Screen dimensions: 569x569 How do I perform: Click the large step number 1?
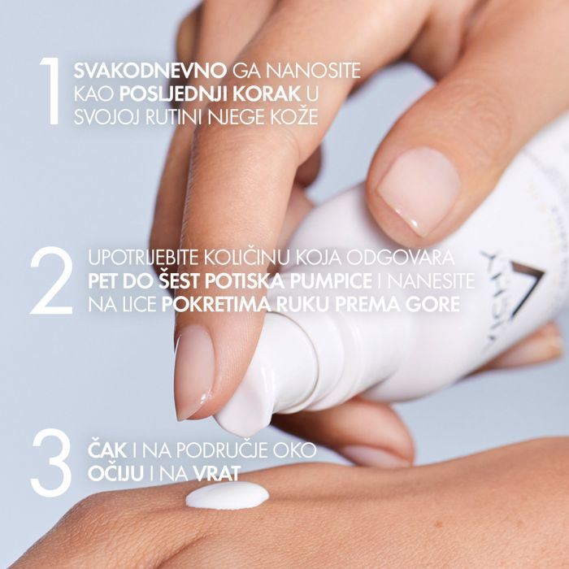49,90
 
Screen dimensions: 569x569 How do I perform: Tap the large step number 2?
51,282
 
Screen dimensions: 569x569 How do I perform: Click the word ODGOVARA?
406,259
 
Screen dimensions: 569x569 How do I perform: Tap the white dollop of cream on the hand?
227,494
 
